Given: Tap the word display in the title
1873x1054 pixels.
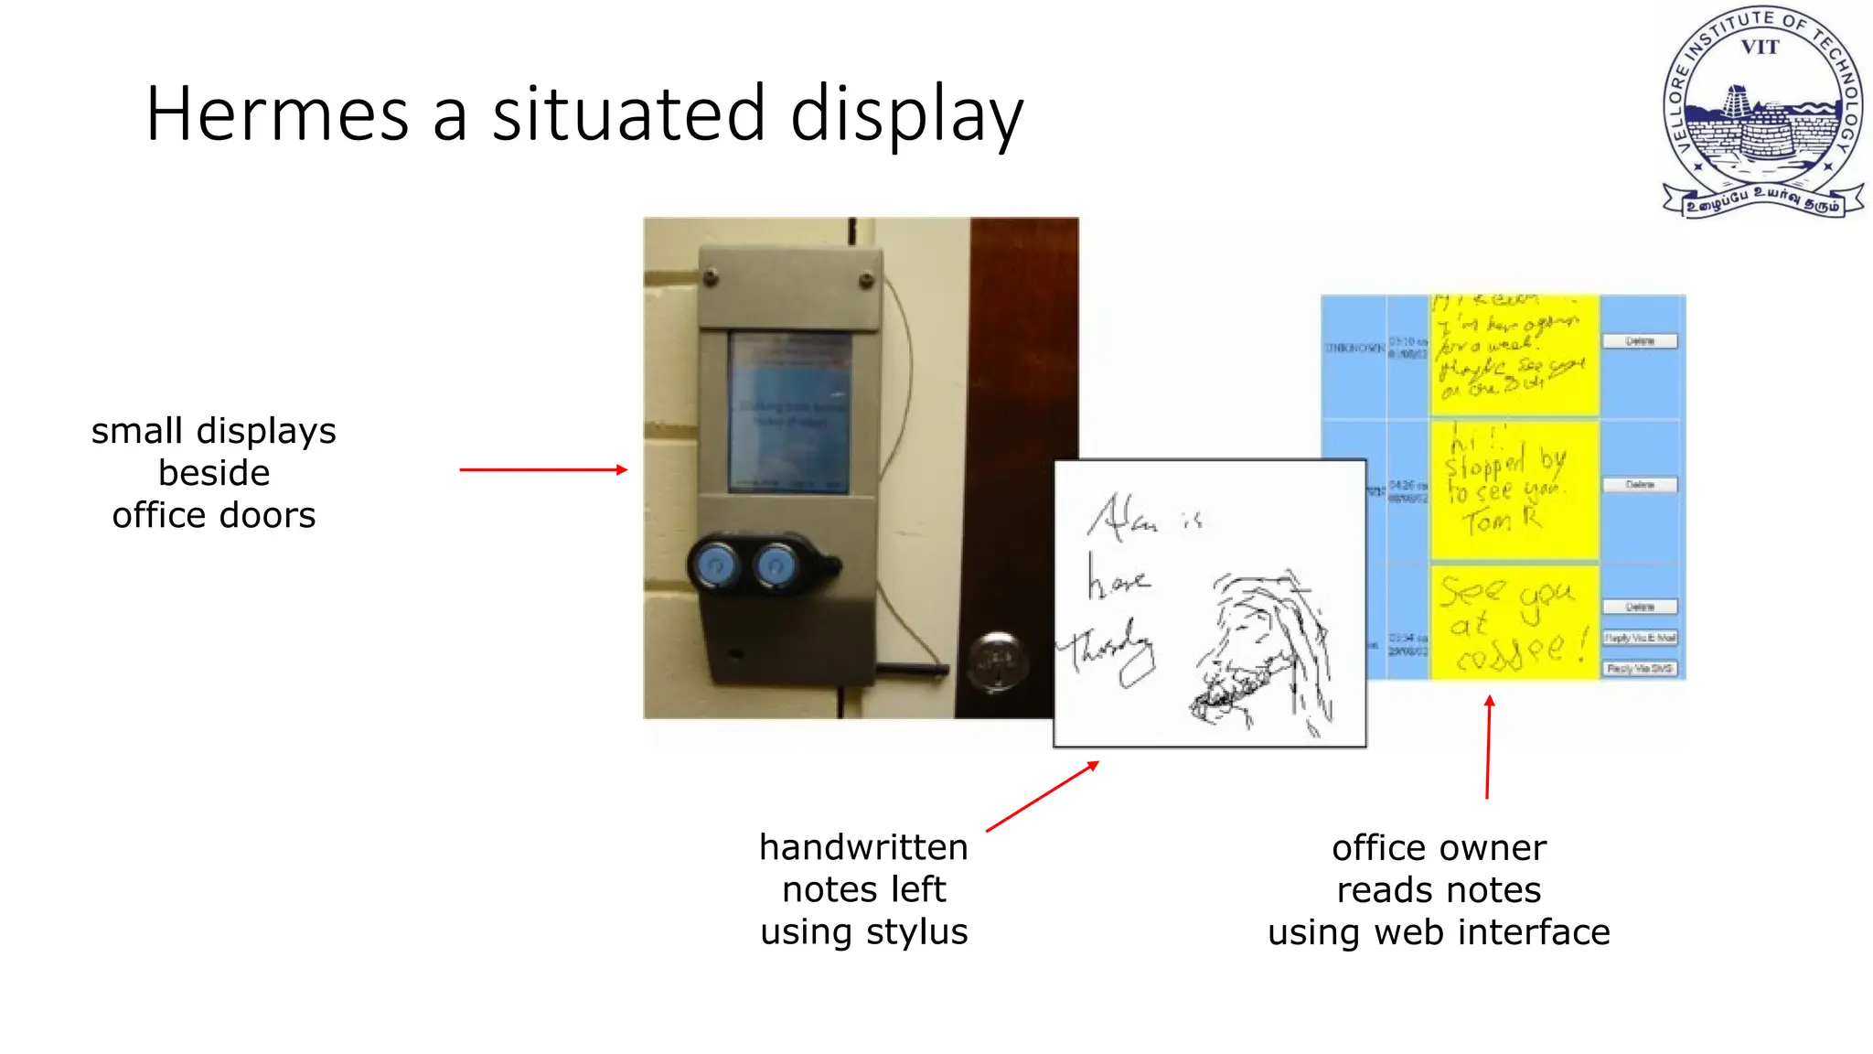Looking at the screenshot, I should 905,115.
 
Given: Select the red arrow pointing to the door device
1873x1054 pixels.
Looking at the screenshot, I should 543,469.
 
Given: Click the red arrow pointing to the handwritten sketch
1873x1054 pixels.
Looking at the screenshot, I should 1043,796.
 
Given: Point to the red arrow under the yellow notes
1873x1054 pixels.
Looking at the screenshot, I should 1488,746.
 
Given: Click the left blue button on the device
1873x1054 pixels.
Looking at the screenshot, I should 715,566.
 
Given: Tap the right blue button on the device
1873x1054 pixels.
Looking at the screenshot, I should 777,566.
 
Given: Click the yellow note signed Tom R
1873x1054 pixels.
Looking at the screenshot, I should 1514,490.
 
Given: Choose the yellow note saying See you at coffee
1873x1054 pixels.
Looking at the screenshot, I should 1514,623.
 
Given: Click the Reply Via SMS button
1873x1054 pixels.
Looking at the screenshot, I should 1640,669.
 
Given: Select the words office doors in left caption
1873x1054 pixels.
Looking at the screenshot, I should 214,515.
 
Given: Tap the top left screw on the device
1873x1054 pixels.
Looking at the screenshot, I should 710,275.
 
